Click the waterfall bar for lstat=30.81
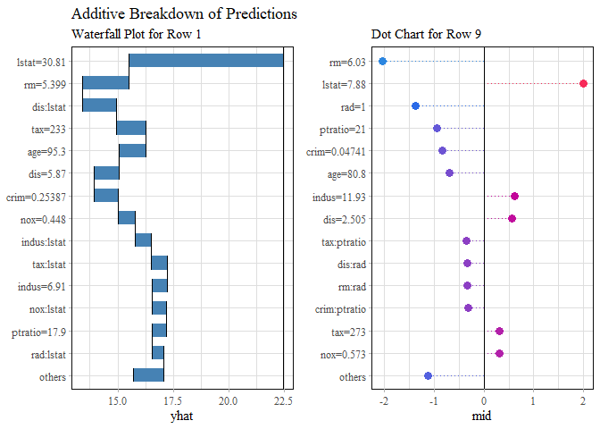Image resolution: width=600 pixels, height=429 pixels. [x=205, y=61]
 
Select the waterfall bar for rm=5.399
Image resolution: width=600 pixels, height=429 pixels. [x=105, y=83]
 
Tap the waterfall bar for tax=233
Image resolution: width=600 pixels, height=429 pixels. [x=130, y=128]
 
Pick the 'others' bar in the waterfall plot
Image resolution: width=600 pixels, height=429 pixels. [x=148, y=375]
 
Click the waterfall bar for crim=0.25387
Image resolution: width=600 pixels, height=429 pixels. [x=105, y=196]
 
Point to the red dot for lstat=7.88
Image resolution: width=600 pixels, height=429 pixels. [x=583, y=83]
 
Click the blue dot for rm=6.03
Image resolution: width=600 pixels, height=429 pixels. [x=382, y=61]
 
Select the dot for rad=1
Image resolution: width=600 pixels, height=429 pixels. [x=415, y=105]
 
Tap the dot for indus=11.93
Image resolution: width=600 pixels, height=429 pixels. [x=514, y=196]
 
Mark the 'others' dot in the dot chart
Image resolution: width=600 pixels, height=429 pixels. [x=428, y=375]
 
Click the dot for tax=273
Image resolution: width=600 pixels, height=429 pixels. [x=499, y=331]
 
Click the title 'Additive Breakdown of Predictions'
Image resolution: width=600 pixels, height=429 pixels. [x=183, y=14]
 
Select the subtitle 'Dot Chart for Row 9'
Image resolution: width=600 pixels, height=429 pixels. [x=426, y=35]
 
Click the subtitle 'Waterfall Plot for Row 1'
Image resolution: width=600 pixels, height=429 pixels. [x=136, y=35]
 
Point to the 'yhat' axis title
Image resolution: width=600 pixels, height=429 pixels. [x=182, y=415]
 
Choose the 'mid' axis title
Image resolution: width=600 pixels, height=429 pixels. [x=483, y=415]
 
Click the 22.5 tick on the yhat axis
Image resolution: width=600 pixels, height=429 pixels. [x=283, y=401]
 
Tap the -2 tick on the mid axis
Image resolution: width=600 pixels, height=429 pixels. [x=384, y=401]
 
